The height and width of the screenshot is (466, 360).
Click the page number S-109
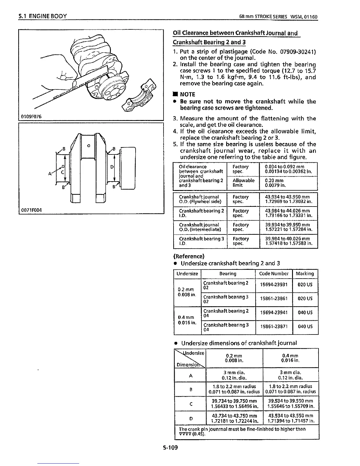(171, 448)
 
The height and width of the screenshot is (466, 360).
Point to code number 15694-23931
(274, 285)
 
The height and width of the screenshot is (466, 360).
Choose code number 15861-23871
(274, 327)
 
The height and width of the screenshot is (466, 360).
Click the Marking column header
(305, 274)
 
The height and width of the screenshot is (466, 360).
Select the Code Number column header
(274, 274)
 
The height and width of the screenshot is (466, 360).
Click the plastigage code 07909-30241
(298, 52)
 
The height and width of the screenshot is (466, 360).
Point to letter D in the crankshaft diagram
(112, 167)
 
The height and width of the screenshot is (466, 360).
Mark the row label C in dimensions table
(191, 404)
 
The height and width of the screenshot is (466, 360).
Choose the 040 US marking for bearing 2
(305, 313)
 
